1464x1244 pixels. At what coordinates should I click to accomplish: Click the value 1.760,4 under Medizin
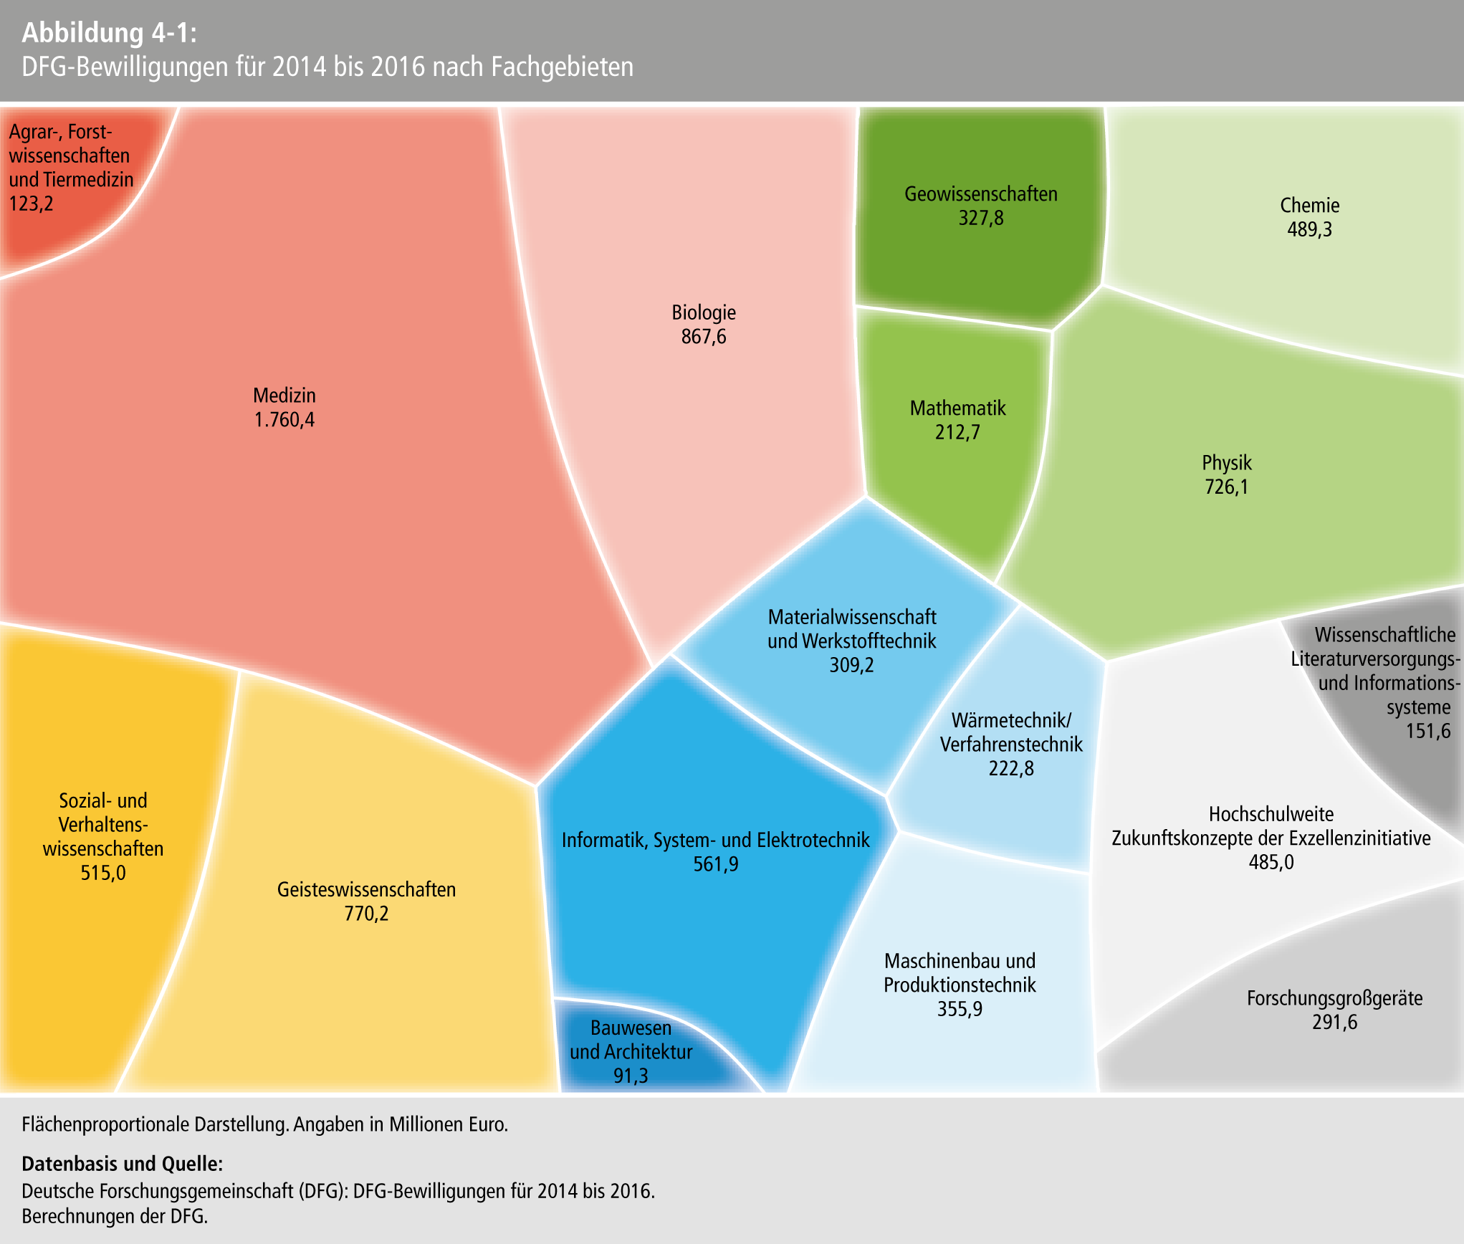point(284,420)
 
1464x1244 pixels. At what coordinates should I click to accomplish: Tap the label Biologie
point(704,312)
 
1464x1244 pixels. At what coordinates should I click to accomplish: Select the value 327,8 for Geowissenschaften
point(981,218)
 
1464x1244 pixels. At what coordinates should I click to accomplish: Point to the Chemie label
point(1309,206)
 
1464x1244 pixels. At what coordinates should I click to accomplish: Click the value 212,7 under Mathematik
point(957,432)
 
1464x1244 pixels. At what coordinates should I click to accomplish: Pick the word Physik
point(1227,463)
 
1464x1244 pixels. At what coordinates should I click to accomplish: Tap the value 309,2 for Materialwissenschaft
point(851,665)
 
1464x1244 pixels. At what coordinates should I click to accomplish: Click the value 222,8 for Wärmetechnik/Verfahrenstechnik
point(1011,768)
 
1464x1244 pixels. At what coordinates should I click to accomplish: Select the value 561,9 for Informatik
point(715,864)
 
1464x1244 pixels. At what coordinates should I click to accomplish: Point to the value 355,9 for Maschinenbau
point(960,1009)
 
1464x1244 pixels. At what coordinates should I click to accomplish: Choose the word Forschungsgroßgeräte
point(1334,998)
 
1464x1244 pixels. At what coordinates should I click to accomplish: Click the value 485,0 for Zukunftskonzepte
point(1271,862)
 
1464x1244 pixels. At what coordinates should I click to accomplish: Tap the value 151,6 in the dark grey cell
point(1427,731)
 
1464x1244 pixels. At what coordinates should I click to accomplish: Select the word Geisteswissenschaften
point(366,890)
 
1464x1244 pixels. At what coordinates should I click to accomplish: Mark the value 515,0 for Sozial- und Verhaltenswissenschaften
point(103,873)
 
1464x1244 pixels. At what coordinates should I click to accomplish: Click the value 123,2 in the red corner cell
point(32,204)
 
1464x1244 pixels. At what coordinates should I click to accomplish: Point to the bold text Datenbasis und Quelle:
point(123,1163)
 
